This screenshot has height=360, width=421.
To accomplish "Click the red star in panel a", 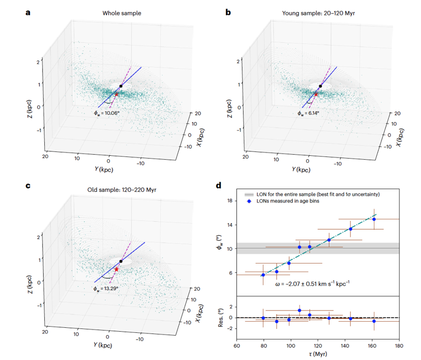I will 116,94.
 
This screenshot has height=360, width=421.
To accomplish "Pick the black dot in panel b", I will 320,86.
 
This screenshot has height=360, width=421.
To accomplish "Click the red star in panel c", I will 116,268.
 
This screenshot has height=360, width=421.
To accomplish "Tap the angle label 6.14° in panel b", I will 308,113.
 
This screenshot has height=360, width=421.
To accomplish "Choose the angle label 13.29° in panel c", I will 106,288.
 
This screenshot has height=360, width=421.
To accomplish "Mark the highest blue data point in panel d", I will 374,219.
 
